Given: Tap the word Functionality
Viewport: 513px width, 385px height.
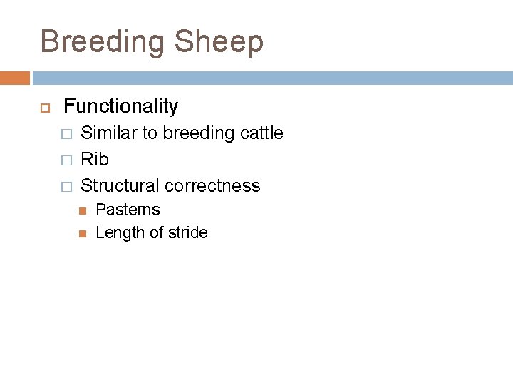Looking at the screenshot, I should coord(121,106).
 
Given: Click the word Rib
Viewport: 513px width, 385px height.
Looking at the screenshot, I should coord(95,160).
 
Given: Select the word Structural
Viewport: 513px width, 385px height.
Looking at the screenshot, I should coord(120,186).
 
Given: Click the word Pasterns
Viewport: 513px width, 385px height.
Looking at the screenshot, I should coord(128,210).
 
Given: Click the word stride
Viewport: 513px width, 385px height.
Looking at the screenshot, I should coord(187,233).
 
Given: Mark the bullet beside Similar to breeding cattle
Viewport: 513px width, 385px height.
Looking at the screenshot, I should coord(66,134).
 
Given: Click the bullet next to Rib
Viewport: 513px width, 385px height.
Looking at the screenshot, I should coord(66,160).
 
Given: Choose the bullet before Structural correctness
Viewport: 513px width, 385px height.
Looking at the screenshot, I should coord(66,187).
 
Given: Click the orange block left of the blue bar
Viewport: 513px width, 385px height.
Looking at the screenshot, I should coord(15,78).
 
